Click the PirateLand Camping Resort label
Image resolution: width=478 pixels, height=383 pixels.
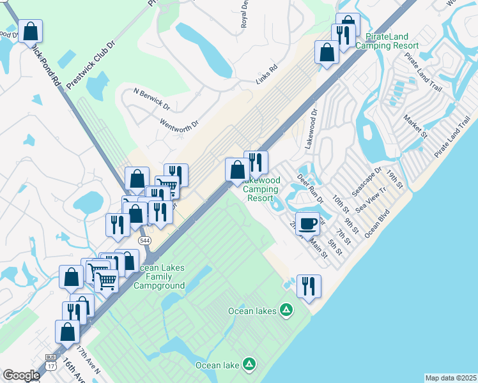pyautogui.click(x=387, y=41)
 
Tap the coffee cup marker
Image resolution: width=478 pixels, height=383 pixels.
pyautogui.click(x=307, y=224)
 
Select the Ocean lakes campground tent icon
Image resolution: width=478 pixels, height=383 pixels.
pyautogui.click(x=287, y=311)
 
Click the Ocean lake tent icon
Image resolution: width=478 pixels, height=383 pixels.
pyautogui.click(x=249, y=365)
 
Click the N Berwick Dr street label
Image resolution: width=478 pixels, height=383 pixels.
pyautogui.click(x=151, y=100)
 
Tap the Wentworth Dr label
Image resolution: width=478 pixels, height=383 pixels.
pyautogui.click(x=180, y=119)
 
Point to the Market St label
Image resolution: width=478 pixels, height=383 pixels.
pyautogui.click(x=415, y=126)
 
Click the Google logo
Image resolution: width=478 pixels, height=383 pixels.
pyautogui.click(x=21, y=375)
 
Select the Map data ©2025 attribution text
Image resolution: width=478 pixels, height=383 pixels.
pyautogui.click(x=450, y=378)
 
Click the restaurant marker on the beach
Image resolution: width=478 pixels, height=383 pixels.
pyautogui.click(x=309, y=287)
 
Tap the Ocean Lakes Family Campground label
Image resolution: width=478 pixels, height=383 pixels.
pyautogui.click(x=159, y=276)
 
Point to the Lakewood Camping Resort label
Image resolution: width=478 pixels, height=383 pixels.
pyautogui.click(x=261, y=190)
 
